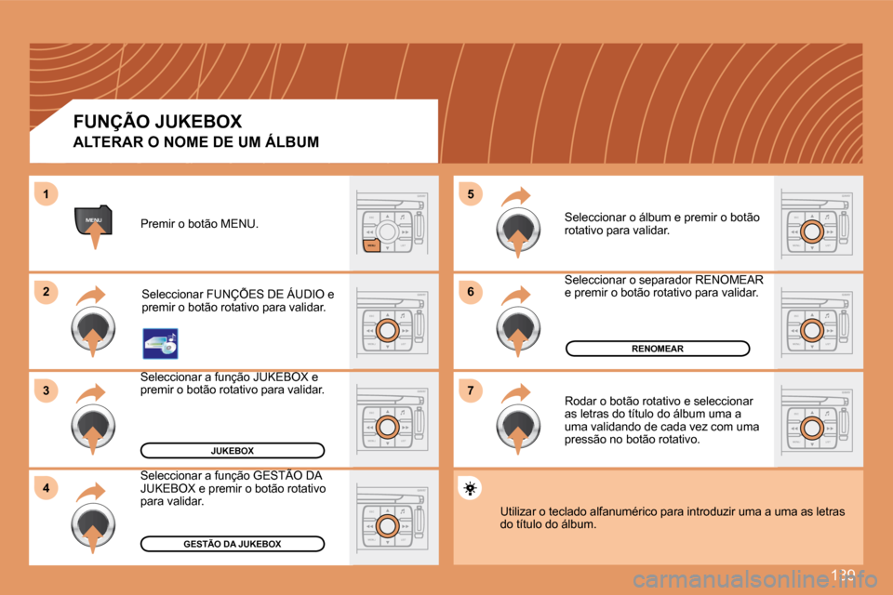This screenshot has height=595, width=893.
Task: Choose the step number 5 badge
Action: [471, 193]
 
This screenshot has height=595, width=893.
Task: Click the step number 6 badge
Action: [471, 292]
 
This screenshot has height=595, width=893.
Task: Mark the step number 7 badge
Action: [471, 390]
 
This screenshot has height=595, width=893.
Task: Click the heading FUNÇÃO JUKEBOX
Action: [157, 121]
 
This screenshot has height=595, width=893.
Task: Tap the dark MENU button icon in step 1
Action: [93, 220]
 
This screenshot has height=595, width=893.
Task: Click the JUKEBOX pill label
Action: [232, 451]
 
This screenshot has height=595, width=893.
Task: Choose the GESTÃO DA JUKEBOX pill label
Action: [232, 544]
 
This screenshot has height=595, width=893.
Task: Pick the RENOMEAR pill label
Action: [658, 349]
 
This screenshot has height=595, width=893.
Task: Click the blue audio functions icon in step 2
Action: [159, 342]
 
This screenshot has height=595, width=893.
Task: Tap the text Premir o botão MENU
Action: [199, 224]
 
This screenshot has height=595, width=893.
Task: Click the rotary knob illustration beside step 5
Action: [518, 231]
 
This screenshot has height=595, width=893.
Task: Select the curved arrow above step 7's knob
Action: [515, 394]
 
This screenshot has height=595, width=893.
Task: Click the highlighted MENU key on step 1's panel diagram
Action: [371, 245]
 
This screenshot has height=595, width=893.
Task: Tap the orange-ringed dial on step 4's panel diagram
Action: [389, 525]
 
